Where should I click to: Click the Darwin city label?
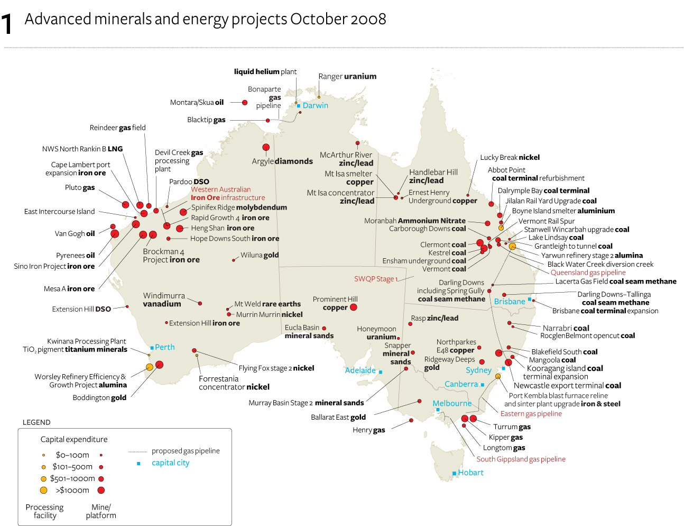tap(315, 105)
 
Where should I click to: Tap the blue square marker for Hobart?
tap(454, 473)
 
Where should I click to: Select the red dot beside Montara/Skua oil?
tap(245, 103)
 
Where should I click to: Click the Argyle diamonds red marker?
tap(266, 147)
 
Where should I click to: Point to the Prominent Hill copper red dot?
tap(354, 307)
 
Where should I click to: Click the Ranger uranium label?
tap(347, 76)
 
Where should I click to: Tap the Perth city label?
tap(164, 347)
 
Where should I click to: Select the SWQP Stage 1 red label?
tap(376, 279)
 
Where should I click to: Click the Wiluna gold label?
tap(260, 255)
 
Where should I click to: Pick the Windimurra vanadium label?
tap(164, 300)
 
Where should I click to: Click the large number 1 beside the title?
tap(7, 24)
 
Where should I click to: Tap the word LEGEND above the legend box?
tap(36, 422)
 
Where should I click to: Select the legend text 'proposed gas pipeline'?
tap(186, 451)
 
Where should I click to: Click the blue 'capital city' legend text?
tap(170, 462)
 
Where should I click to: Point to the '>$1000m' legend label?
tap(72, 490)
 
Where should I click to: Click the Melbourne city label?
tap(452, 403)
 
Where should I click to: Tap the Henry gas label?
tap(368, 430)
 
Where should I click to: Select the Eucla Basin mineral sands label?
tap(309, 331)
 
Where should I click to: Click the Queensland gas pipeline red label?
tap(588, 273)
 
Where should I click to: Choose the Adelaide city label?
tap(360, 370)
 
